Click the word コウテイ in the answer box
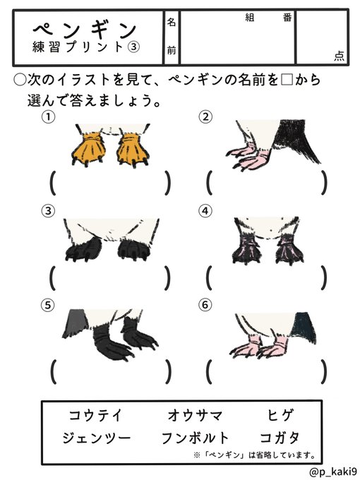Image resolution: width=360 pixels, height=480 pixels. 95,415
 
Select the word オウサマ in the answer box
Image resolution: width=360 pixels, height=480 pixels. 195,415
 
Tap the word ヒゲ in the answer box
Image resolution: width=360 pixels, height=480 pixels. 280,415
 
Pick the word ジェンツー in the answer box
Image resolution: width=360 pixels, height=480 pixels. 97,438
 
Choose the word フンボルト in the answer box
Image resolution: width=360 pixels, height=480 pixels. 195,438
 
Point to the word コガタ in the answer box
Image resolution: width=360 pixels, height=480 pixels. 280,438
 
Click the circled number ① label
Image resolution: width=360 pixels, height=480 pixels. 49,117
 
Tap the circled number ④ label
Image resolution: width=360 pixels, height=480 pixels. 205,211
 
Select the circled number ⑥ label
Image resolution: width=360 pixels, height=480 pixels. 205,305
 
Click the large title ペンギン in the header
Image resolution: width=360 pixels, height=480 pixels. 85,30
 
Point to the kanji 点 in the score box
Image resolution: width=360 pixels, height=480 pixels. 339,56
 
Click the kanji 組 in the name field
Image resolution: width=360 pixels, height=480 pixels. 250,18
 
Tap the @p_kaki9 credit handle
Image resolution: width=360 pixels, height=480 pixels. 332,472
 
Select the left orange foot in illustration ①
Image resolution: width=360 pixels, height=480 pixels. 89,149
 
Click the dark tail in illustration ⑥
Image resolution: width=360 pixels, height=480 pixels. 304,328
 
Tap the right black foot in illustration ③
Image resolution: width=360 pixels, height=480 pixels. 134,249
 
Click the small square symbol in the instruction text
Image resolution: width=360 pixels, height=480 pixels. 287,80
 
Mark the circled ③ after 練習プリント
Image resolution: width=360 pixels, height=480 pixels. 133,47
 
